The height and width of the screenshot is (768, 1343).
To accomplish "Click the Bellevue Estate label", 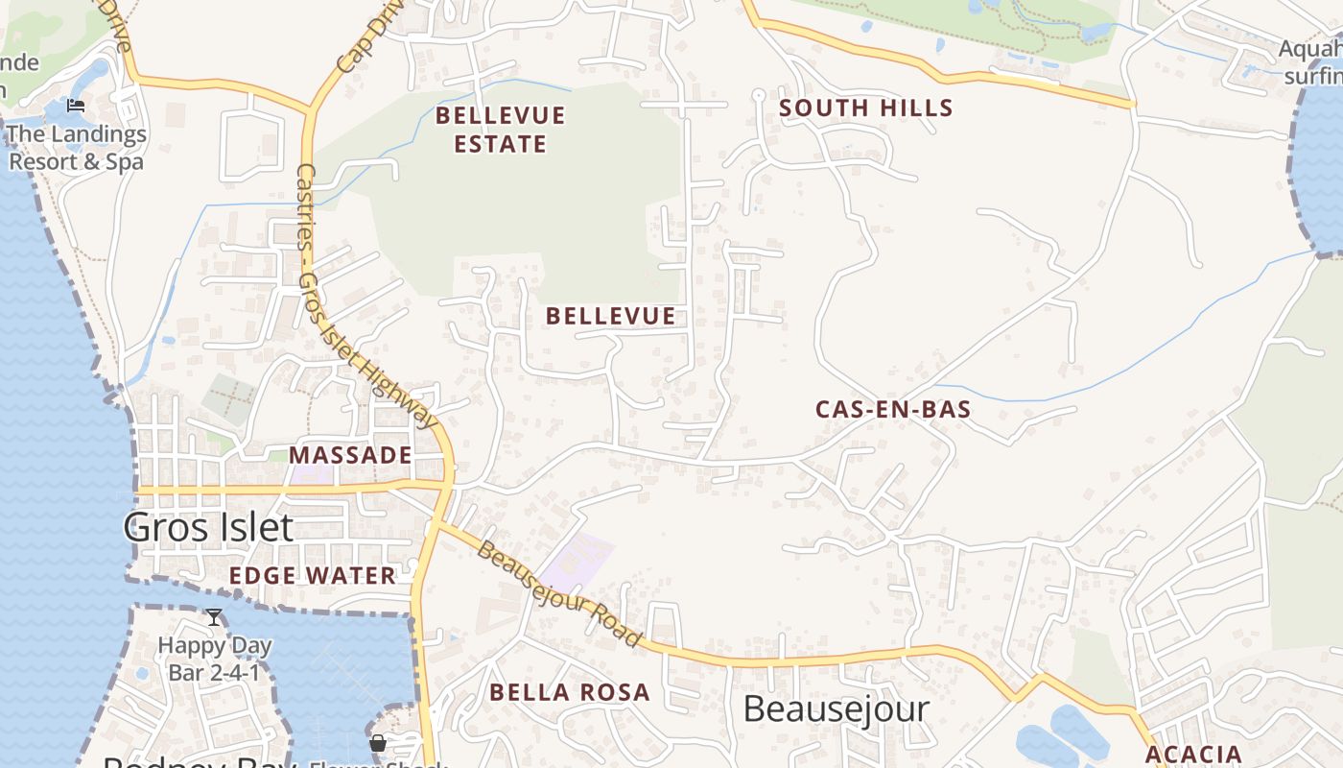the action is tap(500, 130).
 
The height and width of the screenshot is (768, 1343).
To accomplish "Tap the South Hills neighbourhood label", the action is tap(865, 108).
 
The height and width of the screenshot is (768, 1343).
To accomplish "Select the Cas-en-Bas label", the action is tap(893, 410).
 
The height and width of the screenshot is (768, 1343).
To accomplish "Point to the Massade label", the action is tap(350, 455).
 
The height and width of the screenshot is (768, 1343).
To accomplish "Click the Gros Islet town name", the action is tap(208, 527).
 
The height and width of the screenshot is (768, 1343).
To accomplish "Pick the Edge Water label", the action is tap(312, 576).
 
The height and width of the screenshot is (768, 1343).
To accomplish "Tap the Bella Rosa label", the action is tap(569, 692).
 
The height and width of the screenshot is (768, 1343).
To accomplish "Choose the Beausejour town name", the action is tap(836, 709).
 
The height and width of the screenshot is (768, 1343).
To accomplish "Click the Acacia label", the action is tap(1193, 755).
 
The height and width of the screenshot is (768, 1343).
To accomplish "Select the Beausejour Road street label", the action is tap(558, 593).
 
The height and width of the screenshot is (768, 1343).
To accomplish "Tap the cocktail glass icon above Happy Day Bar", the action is tap(214, 617).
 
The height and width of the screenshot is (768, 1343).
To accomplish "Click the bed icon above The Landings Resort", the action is tap(77, 106).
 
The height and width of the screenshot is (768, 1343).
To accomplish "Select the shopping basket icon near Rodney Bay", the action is tap(378, 743).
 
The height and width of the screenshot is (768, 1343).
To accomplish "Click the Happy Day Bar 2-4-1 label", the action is tap(214, 659).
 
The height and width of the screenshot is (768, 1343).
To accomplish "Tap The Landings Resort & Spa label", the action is tap(77, 148).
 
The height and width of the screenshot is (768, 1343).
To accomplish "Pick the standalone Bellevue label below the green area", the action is tap(610, 316).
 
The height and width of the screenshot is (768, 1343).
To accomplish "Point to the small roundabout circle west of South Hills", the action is tap(758, 94).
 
